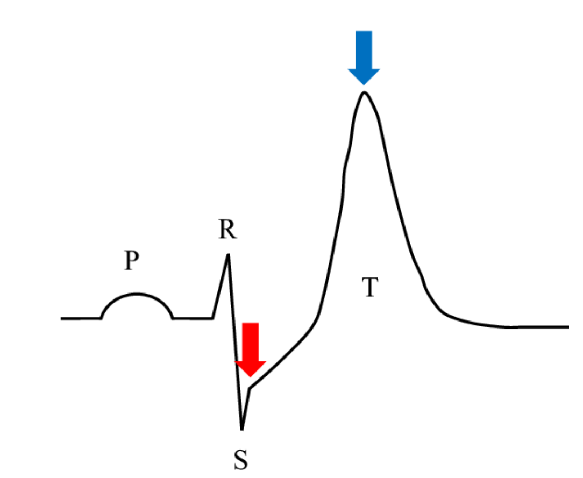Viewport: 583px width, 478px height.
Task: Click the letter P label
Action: coord(132,260)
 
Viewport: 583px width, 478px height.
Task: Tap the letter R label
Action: coord(227,229)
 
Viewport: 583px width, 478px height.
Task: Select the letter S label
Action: coord(240,460)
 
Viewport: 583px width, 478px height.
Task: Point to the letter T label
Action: coord(370,287)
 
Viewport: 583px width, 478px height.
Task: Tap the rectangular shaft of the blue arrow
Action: coord(364,50)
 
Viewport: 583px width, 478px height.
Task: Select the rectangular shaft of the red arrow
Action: coord(250,342)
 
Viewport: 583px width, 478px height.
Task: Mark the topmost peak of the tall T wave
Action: coord(365,92)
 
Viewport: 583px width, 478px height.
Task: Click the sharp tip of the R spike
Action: coord(228,255)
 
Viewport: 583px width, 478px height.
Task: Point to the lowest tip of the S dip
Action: coord(242,429)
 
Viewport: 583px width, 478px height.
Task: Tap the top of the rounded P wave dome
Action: coord(137,294)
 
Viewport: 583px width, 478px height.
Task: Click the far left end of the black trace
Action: coord(62,318)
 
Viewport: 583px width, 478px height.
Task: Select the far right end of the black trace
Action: coord(568,327)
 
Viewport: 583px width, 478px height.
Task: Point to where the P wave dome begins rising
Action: coord(101,318)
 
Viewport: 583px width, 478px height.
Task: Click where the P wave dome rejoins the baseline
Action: coord(173,318)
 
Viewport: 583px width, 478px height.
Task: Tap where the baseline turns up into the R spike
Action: coord(212,318)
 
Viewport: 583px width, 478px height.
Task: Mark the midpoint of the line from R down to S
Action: coord(235,342)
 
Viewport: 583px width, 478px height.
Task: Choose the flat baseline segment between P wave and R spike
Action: coord(193,318)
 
